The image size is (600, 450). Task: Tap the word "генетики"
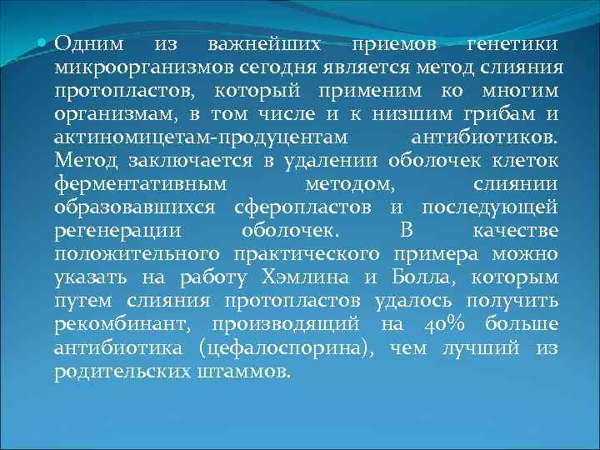click(511, 42)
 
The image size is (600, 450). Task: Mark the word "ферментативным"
click(133, 182)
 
